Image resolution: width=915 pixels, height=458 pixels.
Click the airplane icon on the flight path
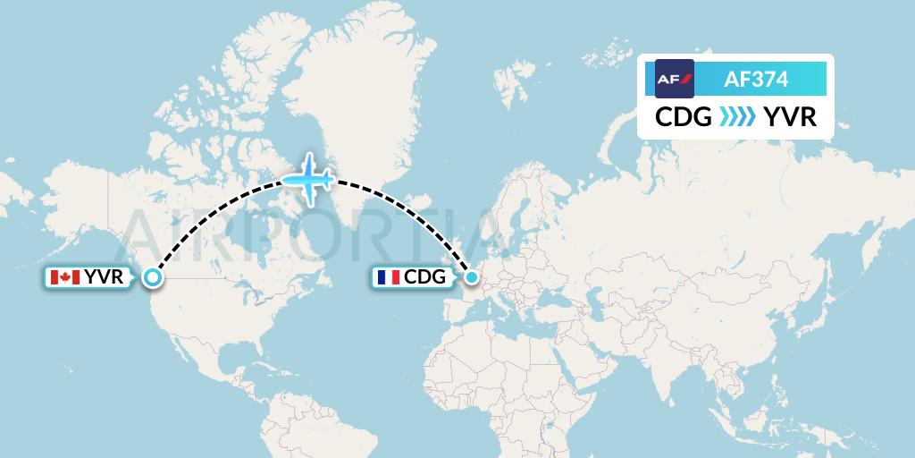coord(308,177)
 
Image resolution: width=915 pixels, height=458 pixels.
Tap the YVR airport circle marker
coord(153,278)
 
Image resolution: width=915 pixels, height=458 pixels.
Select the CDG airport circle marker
coord(471,278)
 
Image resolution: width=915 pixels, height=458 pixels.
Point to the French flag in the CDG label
coord(388,278)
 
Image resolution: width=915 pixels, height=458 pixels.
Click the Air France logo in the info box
coord(675,79)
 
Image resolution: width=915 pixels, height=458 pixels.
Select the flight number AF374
coord(756,79)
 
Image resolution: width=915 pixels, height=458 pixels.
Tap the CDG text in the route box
coord(684,117)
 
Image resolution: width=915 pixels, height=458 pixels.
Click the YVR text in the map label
coord(104,278)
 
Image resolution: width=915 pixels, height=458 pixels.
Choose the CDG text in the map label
coord(424,278)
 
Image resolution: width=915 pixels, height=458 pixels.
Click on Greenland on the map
coord(357,98)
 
